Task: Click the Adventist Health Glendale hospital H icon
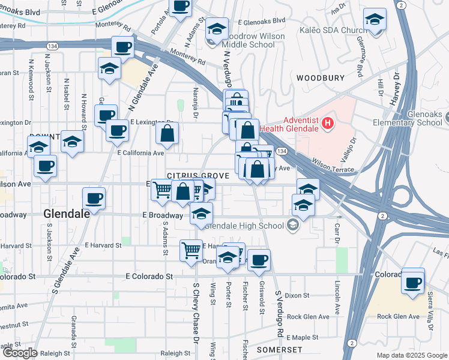click(327, 124)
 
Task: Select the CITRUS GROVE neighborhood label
click(199, 175)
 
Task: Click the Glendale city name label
click(67, 213)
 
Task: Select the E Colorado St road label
click(149, 277)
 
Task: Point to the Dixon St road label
click(297, 295)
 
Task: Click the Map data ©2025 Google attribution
click(411, 355)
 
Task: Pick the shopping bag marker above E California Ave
click(167, 133)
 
